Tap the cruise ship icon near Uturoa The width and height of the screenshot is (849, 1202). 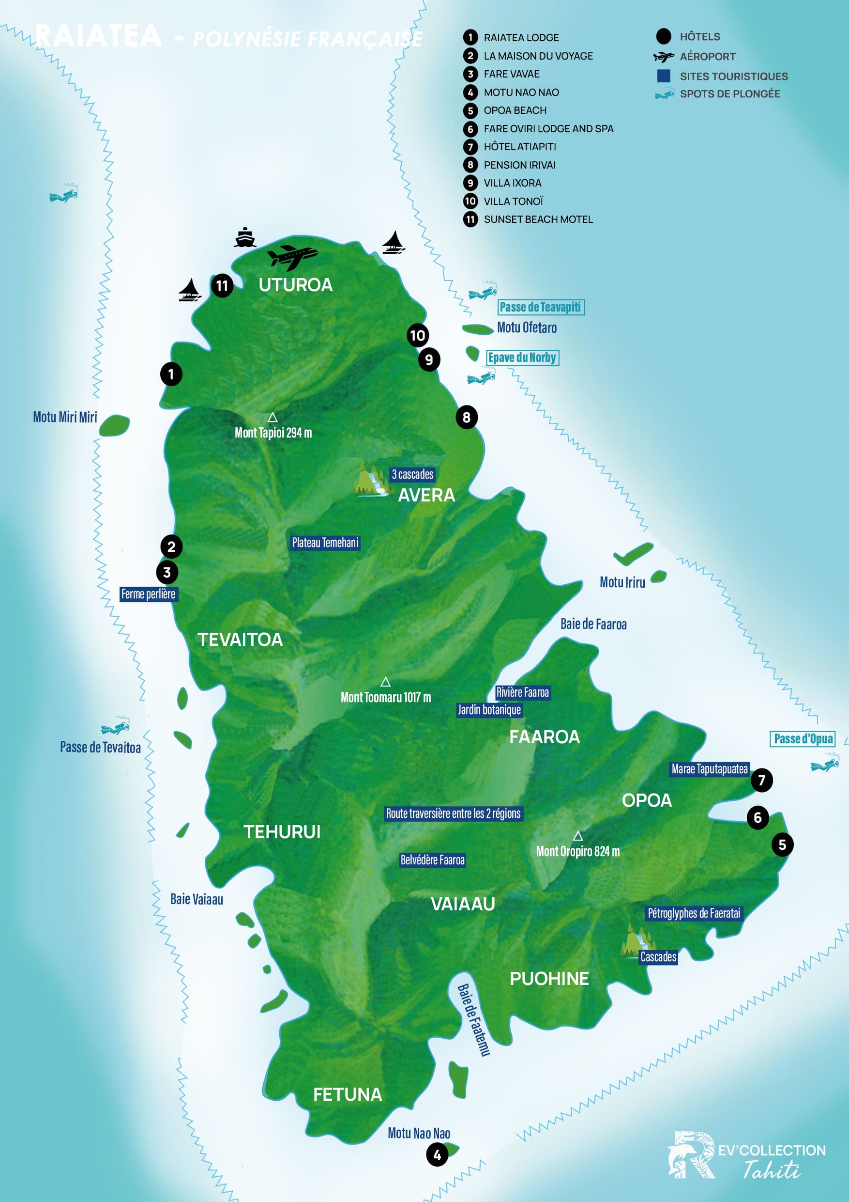[x=245, y=238]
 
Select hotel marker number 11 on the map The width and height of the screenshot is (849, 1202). [x=222, y=286]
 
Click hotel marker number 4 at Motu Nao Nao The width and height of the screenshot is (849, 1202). [x=437, y=1155]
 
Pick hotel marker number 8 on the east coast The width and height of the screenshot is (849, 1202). [x=467, y=417]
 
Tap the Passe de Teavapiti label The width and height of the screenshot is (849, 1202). [x=540, y=307]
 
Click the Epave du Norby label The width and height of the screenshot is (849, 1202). [x=522, y=358]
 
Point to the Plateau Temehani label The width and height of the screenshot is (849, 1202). [x=325, y=543]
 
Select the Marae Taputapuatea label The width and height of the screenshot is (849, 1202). [x=709, y=769]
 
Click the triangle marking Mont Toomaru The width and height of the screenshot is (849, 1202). [x=385, y=682]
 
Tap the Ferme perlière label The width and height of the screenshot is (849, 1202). [x=149, y=594]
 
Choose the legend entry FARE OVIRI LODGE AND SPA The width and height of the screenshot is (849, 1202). [x=548, y=129]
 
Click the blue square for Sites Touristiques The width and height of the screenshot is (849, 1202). [x=663, y=76]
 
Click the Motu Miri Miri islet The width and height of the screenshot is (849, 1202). [x=114, y=425]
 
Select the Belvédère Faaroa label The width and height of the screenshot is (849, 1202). [x=432, y=860]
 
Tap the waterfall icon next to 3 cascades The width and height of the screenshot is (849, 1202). [x=372, y=480]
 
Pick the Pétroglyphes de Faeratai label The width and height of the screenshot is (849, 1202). [x=694, y=914]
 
